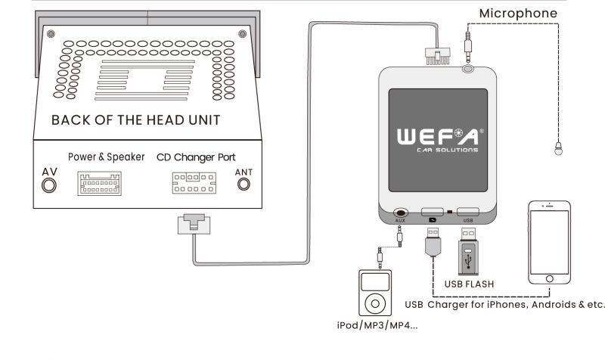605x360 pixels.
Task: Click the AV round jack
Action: (49, 185)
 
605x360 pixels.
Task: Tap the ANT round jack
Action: (244, 185)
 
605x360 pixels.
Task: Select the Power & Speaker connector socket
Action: (100, 183)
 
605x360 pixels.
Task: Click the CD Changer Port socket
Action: (194, 183)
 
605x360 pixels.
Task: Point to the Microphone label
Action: (518, 14)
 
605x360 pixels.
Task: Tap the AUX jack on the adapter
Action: (400, 213)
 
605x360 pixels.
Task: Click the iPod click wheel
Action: (375, 303)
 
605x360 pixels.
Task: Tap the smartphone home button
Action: (550, 278)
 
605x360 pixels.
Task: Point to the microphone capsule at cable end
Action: (558, 148)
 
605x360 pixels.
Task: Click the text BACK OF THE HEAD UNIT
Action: (136, 120)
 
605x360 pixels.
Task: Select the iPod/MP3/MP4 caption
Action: (377, 325)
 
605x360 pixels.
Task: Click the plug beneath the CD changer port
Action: (194, 224)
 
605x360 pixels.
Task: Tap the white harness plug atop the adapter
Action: (438, 56)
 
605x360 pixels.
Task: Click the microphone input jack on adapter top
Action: (468, 69)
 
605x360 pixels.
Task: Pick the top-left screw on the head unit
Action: (51, 34)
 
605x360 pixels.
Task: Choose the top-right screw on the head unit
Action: (242, 34)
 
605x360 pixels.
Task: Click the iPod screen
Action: (375, 282)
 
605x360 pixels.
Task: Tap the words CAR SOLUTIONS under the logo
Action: (448, 150)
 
